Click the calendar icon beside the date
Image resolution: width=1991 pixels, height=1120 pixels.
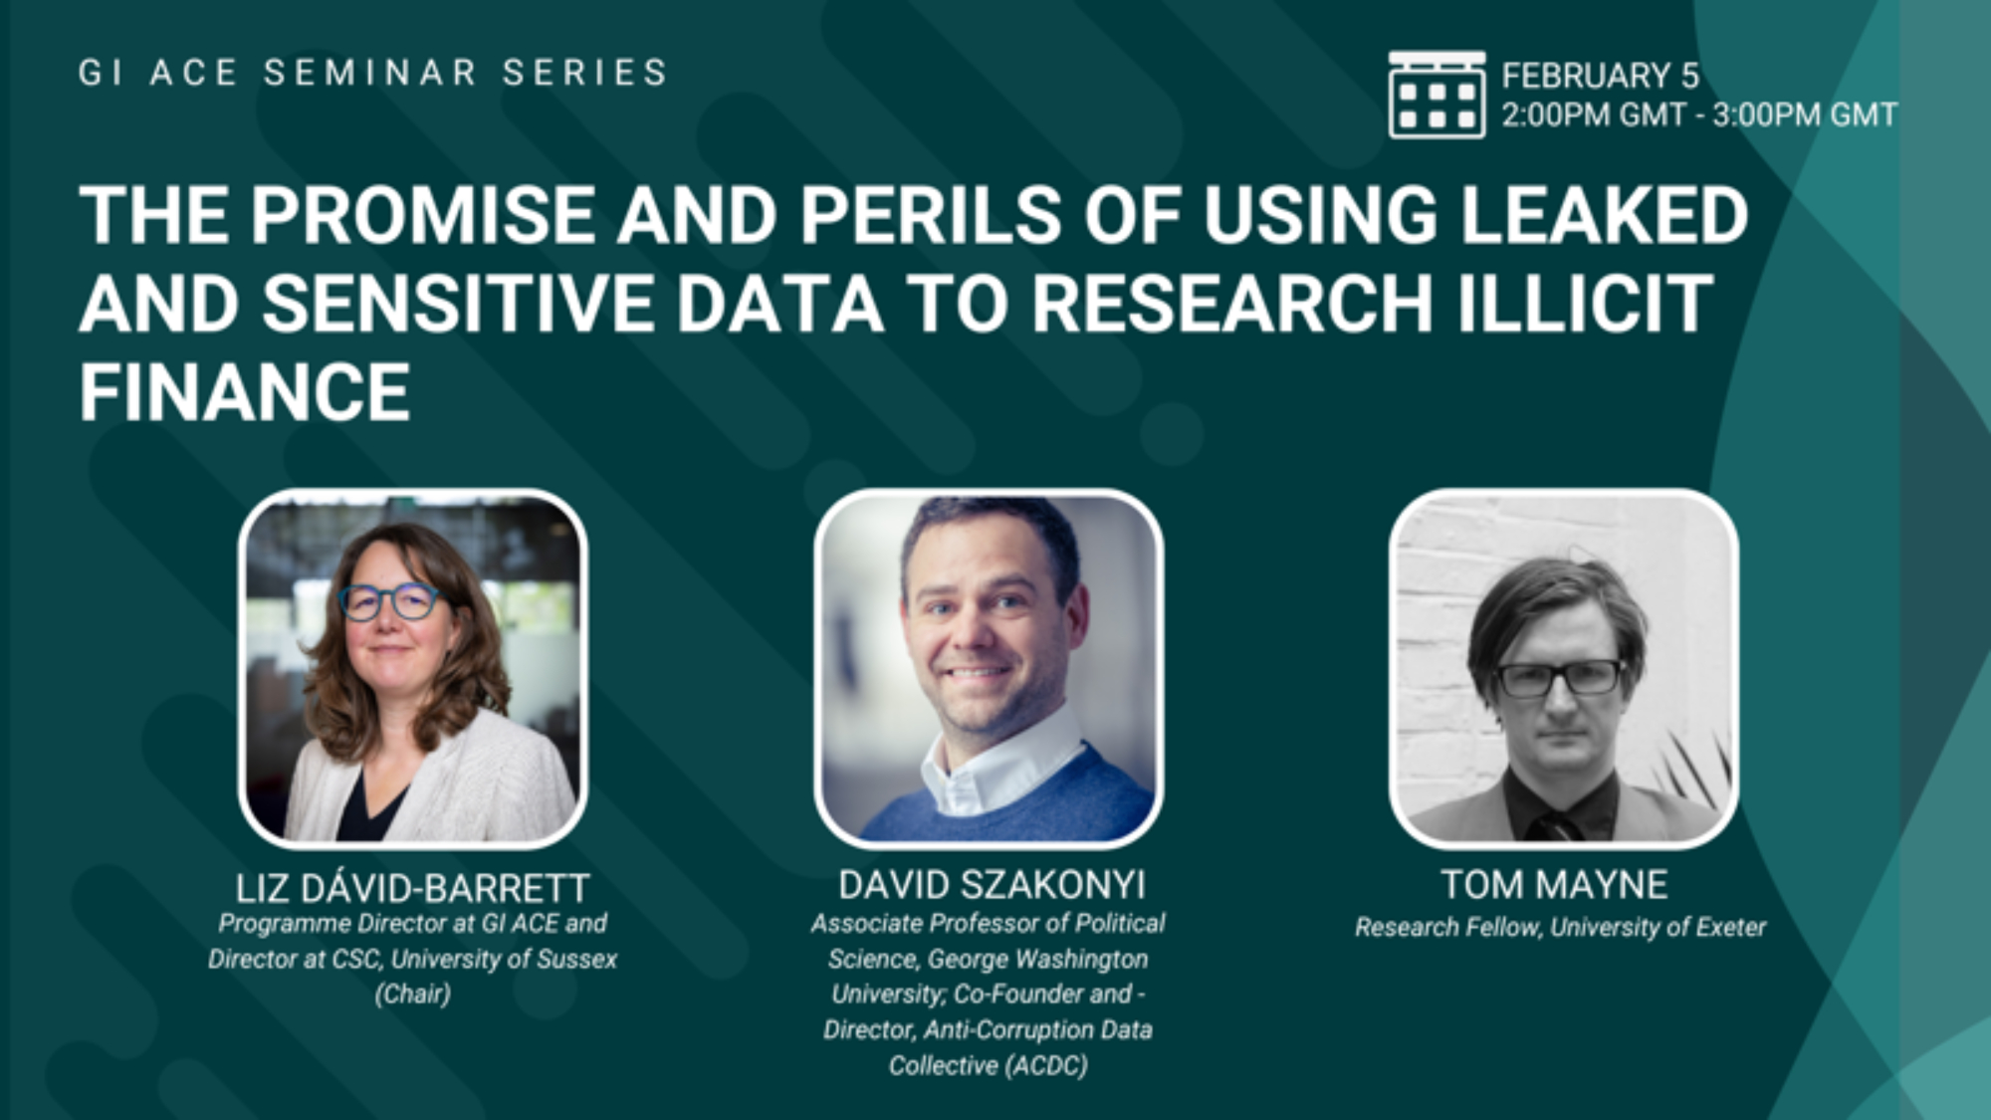pos(1437,95)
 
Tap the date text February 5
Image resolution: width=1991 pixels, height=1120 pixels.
pos(1600,76)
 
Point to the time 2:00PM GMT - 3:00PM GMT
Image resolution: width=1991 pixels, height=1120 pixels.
pos(1699,115)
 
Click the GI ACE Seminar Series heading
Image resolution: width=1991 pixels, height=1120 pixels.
pos(373,73)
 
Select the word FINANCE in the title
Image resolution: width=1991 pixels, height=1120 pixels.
pos(245,392)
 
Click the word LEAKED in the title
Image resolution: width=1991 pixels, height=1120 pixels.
pos(1604,215)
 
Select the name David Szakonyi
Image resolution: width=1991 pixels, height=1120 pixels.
pos(992,885)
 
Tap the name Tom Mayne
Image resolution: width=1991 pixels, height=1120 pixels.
pos(1554,885)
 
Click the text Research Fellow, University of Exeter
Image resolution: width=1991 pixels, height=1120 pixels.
pos(1560,928)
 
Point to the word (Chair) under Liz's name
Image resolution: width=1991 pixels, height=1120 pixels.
pos(412,994)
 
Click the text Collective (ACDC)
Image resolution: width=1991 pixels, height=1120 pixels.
pos(988,1065)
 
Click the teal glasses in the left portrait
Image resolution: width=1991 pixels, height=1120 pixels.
pos(388,601)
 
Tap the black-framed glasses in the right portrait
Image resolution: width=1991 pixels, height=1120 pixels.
pos(1560,678)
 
